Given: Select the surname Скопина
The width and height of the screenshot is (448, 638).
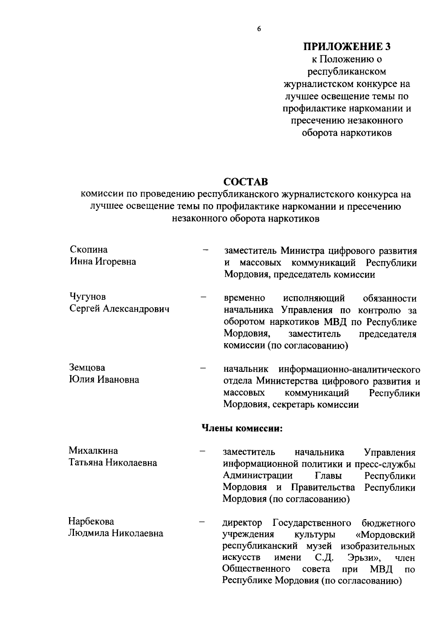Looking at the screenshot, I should point(89,249).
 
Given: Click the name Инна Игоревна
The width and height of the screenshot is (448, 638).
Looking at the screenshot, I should point(103,262).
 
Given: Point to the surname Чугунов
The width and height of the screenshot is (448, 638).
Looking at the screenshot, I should point(88,296).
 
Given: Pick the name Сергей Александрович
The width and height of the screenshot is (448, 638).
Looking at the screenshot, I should point(119,309).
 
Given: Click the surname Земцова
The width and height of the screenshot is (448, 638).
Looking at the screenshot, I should point(87,367).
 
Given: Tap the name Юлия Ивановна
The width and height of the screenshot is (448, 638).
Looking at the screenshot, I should point(104,380).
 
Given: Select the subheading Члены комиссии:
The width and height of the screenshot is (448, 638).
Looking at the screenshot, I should point(242,428).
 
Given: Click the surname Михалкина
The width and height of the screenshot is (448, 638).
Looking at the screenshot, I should point(93,450).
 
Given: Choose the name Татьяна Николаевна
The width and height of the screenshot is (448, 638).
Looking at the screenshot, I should point(113,463).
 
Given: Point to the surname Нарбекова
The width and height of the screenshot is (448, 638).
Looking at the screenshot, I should point(91,521).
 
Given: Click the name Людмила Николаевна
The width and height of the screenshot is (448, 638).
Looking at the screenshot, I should point(115,533).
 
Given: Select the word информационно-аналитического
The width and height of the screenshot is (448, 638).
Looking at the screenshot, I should point(349,370).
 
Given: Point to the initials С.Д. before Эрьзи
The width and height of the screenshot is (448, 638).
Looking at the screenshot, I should point(324,558).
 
